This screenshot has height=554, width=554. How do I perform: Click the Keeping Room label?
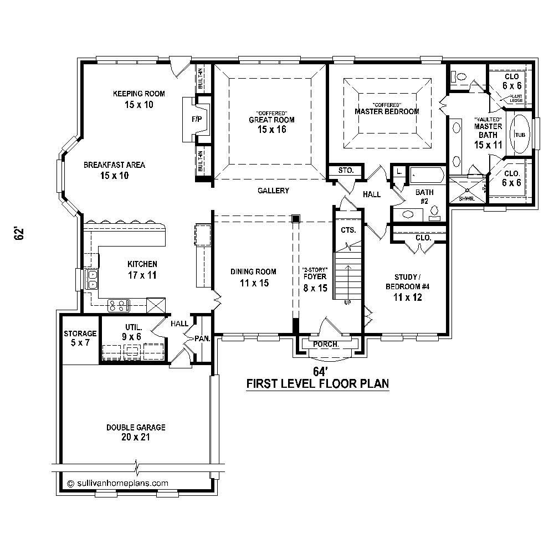(x=138, y=94)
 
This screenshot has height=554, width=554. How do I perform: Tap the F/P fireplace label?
(x=196, y=119)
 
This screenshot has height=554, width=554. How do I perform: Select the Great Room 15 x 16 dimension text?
(x=271, y=130)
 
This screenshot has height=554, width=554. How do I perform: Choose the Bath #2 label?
(x=424, y=197)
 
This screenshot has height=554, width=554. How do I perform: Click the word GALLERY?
(x=273, y=191)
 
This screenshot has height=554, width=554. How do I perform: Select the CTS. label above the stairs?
(x=348, y=229)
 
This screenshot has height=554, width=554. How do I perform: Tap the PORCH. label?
(x=326, y=344)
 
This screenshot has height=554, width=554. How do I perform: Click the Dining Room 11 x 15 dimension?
(x=253, y=283)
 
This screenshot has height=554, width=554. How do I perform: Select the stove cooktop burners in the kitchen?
(x=119, y=304)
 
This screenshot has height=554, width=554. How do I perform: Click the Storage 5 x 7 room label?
(x=80, y=338)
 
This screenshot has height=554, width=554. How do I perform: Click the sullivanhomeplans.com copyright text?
(x=117, y=483)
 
